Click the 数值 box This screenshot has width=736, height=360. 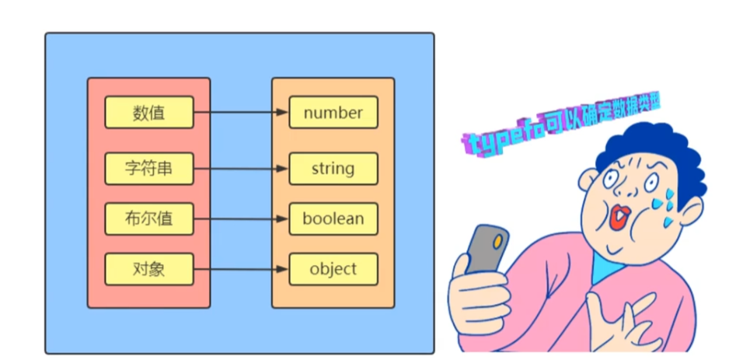(x=148, y=113)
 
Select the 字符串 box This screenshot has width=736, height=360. (x=148, y=169)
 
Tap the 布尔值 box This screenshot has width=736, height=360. (x=148, y=219)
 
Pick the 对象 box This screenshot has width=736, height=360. (x=148, y=270)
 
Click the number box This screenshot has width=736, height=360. (x=333, y=113)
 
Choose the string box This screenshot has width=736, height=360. (x=333, y=169)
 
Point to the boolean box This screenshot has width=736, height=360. (x=333, y=219)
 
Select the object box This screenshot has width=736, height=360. (x=333, y=270)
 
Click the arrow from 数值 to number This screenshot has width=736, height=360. (x=241, y=113)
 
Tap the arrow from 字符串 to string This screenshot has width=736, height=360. (x=241, y=169)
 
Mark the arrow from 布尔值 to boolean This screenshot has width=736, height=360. (x=241, y=219)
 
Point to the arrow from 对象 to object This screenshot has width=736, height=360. (x=241, y=270)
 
